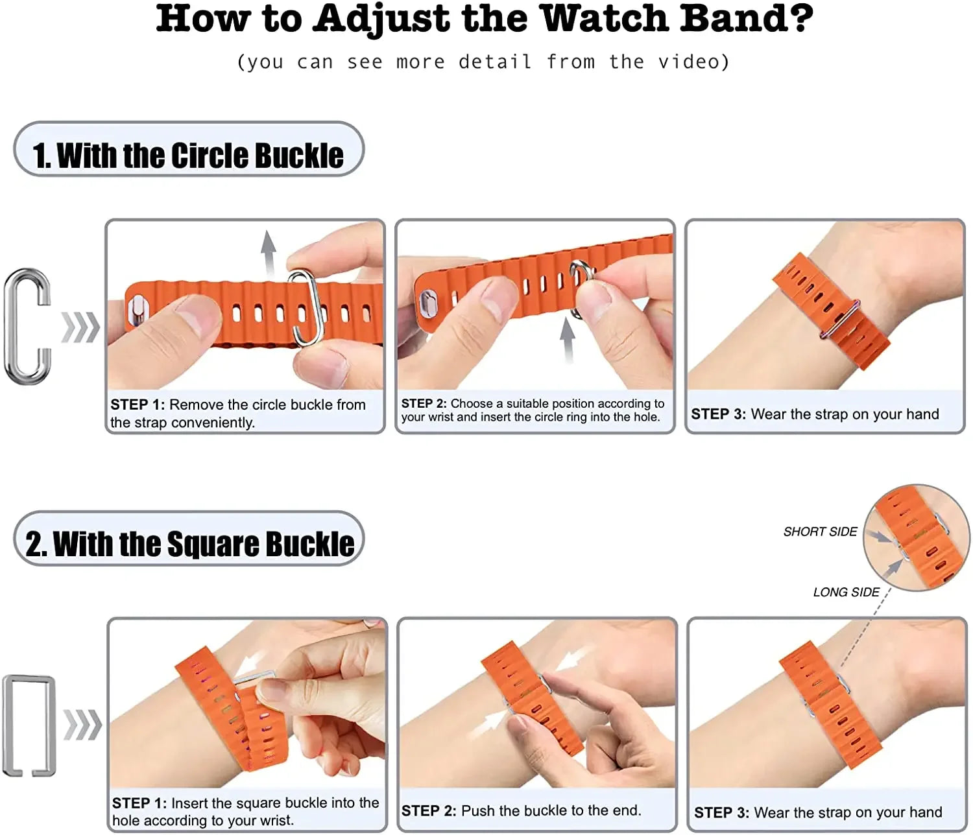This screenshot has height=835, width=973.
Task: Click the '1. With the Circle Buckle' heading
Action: (188, 155)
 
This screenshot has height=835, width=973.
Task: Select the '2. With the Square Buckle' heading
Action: (189, 543)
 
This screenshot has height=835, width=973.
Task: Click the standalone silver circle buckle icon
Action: (28, 325)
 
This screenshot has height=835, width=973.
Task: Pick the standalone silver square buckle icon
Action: (29, 725)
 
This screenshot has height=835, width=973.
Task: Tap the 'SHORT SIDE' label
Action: (820, 532)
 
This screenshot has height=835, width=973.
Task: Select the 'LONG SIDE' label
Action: (846, 592)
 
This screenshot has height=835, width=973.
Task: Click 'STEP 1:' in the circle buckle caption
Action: (138, 405)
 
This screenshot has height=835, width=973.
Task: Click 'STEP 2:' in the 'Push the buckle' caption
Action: (428, 810)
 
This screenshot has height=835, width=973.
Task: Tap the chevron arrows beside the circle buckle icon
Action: (80, 327)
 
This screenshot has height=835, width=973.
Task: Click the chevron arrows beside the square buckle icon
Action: (82, 725)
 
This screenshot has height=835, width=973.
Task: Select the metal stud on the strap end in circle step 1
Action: (138, 310)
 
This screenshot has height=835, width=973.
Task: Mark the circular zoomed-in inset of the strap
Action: (916, 537)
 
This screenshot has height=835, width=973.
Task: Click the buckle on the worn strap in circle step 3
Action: (841, 319)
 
